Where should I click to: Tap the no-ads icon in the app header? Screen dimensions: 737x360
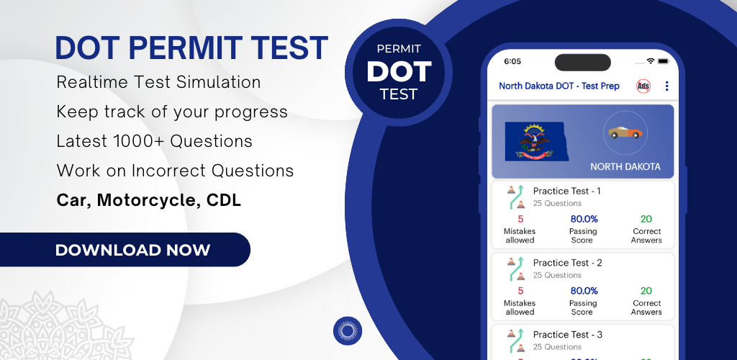643,86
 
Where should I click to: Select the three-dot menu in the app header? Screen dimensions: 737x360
666,86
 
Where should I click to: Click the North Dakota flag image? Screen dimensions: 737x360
536,141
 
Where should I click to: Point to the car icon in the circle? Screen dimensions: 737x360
625,132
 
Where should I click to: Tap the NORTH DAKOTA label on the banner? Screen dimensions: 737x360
625,167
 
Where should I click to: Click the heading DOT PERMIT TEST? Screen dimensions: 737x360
191,48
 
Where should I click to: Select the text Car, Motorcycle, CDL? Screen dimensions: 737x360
148,200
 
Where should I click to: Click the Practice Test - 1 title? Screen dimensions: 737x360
566,191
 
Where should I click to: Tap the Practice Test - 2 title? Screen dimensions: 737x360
567,263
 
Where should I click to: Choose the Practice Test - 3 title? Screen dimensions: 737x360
567,335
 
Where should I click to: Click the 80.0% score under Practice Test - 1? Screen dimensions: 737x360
584,219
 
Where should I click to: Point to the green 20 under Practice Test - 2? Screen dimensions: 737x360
646,291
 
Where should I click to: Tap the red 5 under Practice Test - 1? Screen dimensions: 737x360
520,219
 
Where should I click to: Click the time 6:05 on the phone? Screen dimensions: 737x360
512,62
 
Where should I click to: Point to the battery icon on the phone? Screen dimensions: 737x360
663,61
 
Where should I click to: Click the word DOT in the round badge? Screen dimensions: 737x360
399,72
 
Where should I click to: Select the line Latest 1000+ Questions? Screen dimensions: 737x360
154,141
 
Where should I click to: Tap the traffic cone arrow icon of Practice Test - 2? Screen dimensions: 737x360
516,269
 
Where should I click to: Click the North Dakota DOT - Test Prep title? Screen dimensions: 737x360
559,86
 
